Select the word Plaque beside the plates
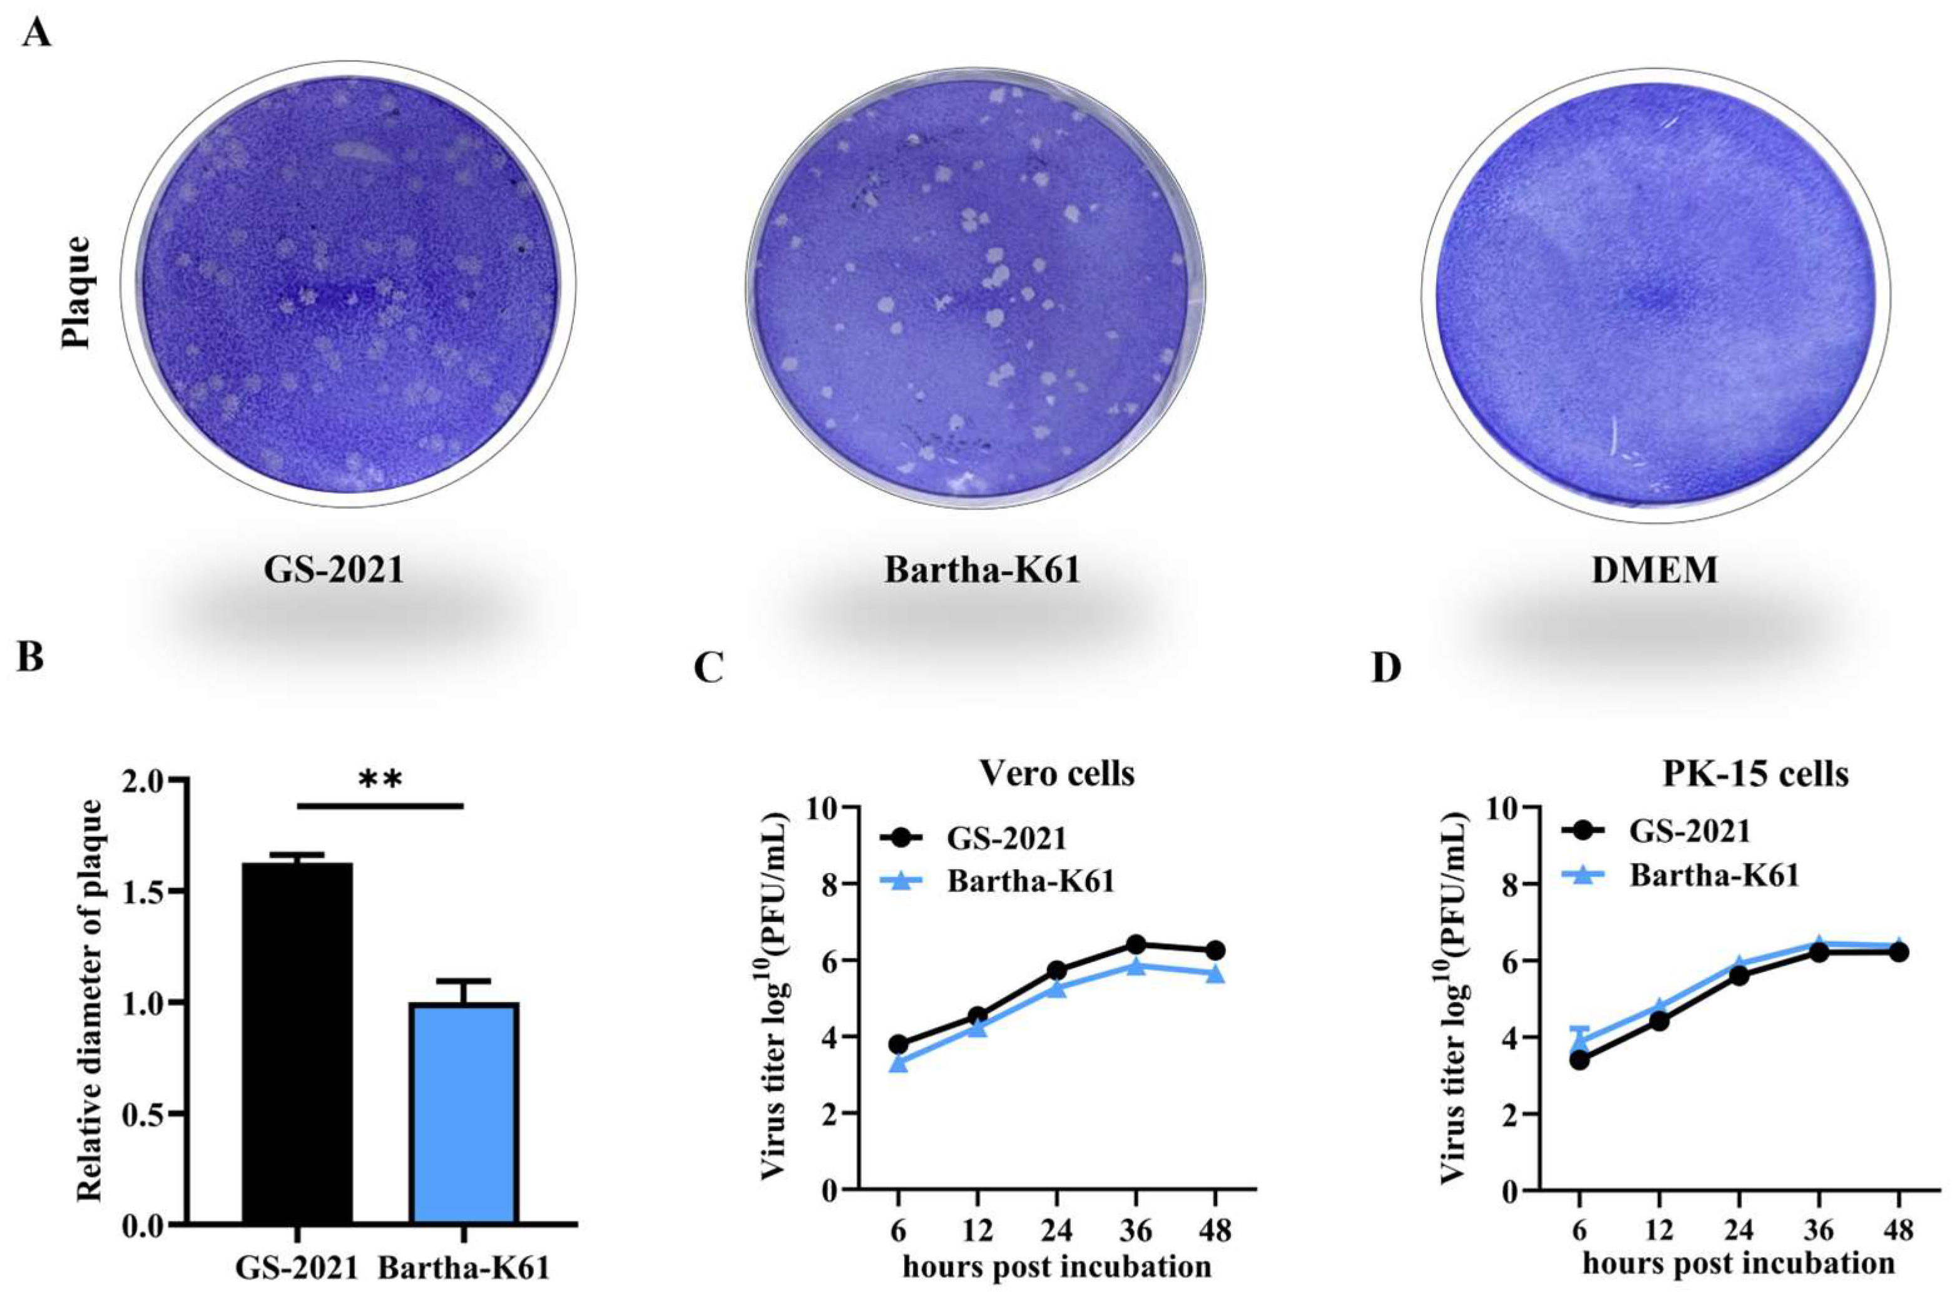78,292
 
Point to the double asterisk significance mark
380,779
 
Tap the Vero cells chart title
1057,773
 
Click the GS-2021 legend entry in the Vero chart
1006,839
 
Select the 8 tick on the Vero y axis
824,885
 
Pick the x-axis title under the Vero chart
1057,1267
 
